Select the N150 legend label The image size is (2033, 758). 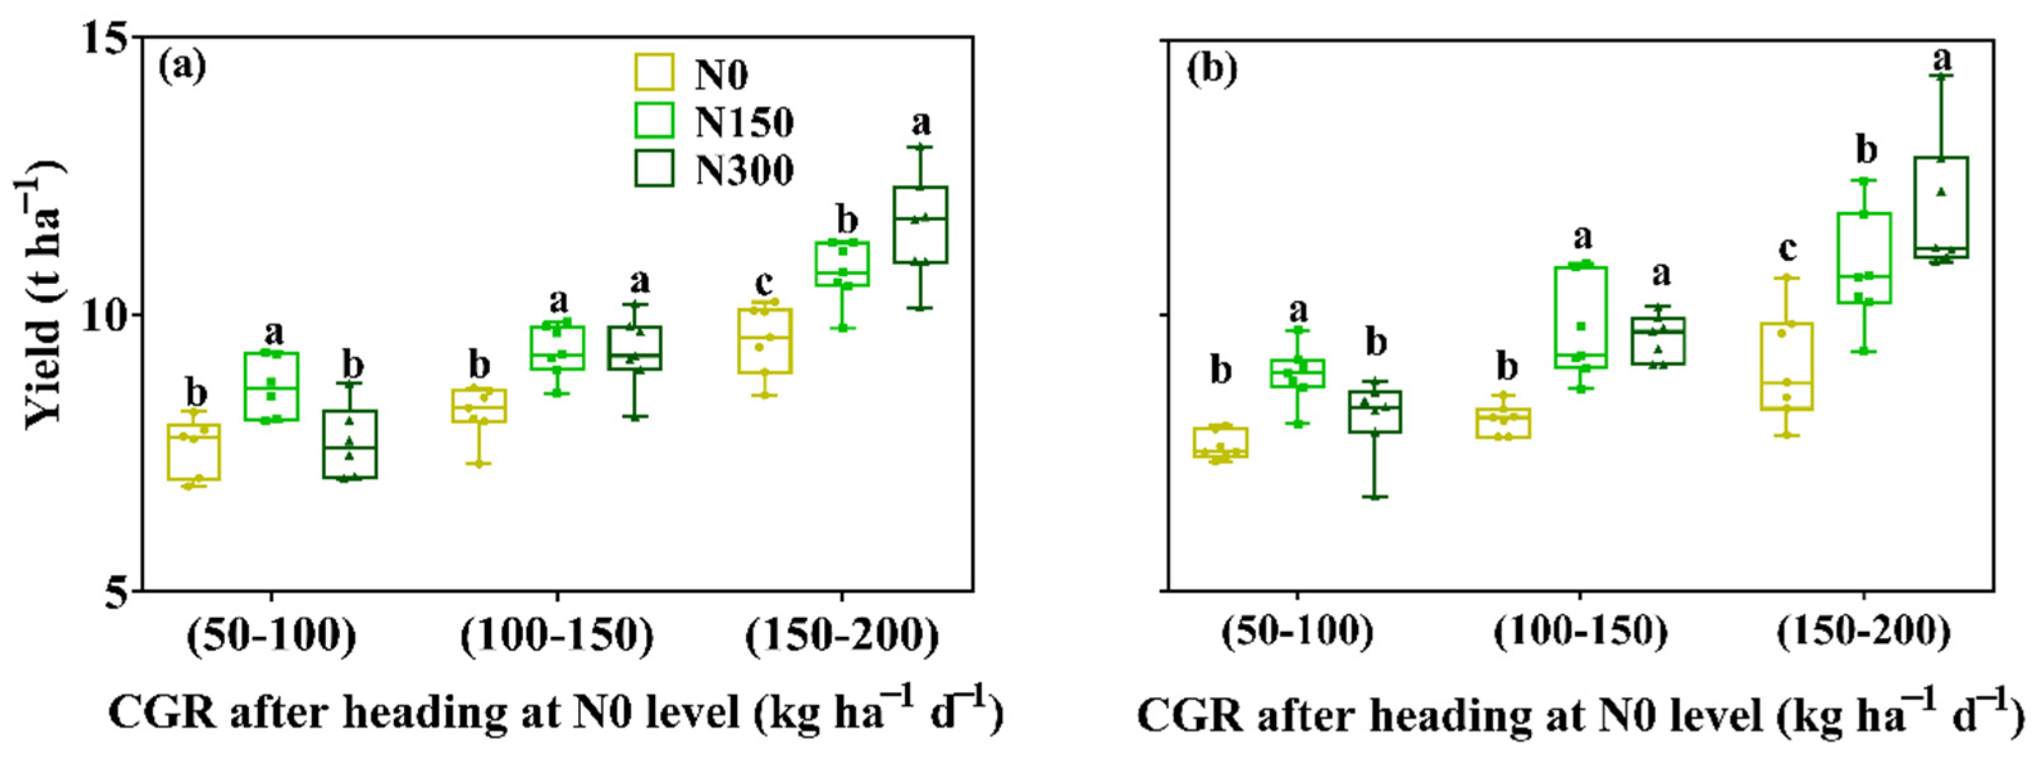[744, 122]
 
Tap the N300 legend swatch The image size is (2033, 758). [654, 168]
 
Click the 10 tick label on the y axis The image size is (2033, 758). [102, 315]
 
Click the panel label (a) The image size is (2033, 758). [182, 68]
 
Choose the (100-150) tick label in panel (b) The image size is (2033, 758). [1580, 632]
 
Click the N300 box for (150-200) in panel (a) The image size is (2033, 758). [920, 224]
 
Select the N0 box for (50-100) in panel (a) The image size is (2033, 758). [193, 452]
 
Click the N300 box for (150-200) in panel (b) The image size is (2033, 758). [1941, 208]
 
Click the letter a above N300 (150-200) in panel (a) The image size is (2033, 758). [920, 123]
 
